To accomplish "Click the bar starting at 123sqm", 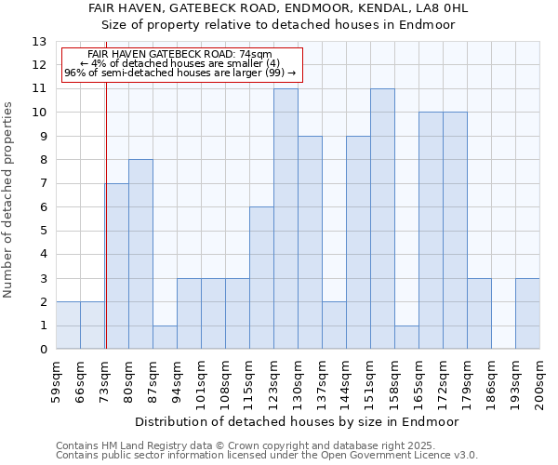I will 286,219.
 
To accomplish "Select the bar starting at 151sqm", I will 382,219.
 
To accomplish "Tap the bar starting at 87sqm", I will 165,337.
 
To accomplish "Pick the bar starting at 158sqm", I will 406,337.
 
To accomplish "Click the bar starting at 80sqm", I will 140,254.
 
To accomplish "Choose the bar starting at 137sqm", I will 334,325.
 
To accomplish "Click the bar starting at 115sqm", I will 261,277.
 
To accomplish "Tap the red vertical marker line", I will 106,232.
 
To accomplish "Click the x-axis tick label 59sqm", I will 56,382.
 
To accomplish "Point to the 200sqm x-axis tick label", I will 539,382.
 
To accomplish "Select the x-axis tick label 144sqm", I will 346,382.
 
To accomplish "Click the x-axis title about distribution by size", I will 298,421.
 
